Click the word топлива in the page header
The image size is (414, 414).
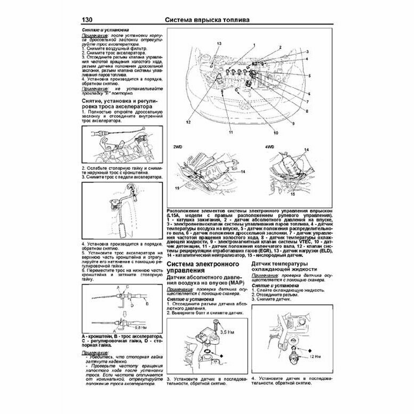click(x=231, y=20)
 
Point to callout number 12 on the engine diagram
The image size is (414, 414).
click(x=188, y=122)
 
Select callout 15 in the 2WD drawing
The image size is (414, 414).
click(x=177, y=187)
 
